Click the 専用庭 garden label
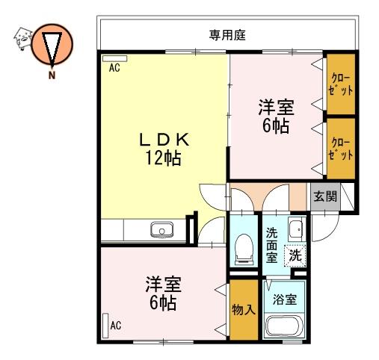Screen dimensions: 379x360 tap(227, 35)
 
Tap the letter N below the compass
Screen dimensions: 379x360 tap(52, 75)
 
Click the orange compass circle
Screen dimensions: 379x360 tap(52, 44)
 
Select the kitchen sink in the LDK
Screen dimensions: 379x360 tap(161, 229)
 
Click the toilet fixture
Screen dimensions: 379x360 tap(244, 249)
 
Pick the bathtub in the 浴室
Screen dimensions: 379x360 tap(284, 326)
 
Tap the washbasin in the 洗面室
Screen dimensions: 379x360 tap(297, 229)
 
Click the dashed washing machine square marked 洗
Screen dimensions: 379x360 tap(295, 255)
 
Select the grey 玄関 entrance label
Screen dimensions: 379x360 tap(325, 196)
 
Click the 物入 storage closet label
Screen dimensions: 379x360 tap(244, 310)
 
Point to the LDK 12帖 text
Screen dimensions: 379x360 tap(164, 149)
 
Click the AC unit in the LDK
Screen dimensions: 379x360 tap(115, 58)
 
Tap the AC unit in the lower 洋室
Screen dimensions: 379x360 tap(105, 326)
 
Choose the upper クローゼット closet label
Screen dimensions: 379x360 tap(340, 84)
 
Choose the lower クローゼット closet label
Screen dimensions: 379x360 tap(340, 149)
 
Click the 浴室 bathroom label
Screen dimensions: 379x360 tap(284, 300)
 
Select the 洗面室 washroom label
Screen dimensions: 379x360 tap(271, 246)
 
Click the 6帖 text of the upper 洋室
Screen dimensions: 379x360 tap(276, 126)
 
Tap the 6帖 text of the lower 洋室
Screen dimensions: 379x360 tap(163, 302)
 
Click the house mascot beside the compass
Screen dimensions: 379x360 tap(22, 39)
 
